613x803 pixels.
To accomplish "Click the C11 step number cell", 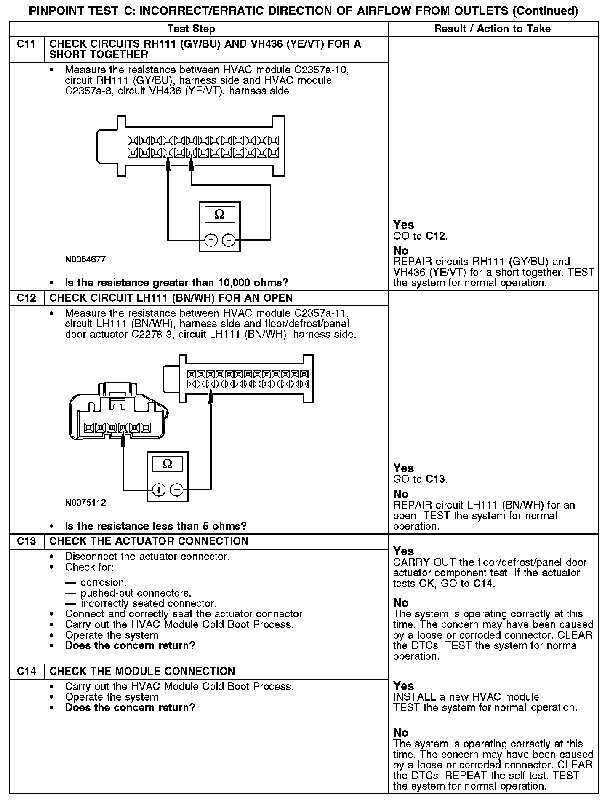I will pyautogui.click(x=26, y=44).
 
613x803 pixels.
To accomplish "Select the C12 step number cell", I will pyautogui.click(x=26, y=298).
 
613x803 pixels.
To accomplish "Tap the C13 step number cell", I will pyautogui.click(x=26, y=541).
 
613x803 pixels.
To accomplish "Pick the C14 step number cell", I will pyautogui.click(x=26, y=672).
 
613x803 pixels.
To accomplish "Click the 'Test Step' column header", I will pyautogui.click(x=191, y=29).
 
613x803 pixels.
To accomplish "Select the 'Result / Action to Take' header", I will pyautogui.click(x=492, y=29).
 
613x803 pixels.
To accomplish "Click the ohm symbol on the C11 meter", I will pyautogui.click(x=219, y=215).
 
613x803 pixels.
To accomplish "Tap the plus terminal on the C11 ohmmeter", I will pyautogui.click(x=211, y=240).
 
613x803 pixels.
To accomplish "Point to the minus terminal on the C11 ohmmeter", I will pyautogui.click(x=228, y=240).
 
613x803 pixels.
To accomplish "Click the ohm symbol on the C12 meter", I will pyautogui.click(x=167, y=464).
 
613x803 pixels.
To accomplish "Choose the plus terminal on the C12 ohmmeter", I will pyautogui.click(x=158, y=490).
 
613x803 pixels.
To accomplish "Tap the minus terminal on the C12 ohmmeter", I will pyautogui.click(x=176, y=490).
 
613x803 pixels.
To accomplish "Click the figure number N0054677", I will pyautogui.click(x=85, y=260).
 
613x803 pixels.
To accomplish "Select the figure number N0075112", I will pyautogui.click(x=85, y=503).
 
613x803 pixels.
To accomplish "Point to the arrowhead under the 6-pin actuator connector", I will pyautogui.click(x=123, y=440).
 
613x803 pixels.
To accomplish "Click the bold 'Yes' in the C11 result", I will pyautogui.click(x=403, y=225).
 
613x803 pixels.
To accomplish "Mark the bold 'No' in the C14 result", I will pyautogui.click(x=401, y=733).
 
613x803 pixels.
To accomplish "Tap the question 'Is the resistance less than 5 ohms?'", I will pyautogui.click(x=155, y=526).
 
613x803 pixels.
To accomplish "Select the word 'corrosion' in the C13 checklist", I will pyautogui.click(x=103, y=583).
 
